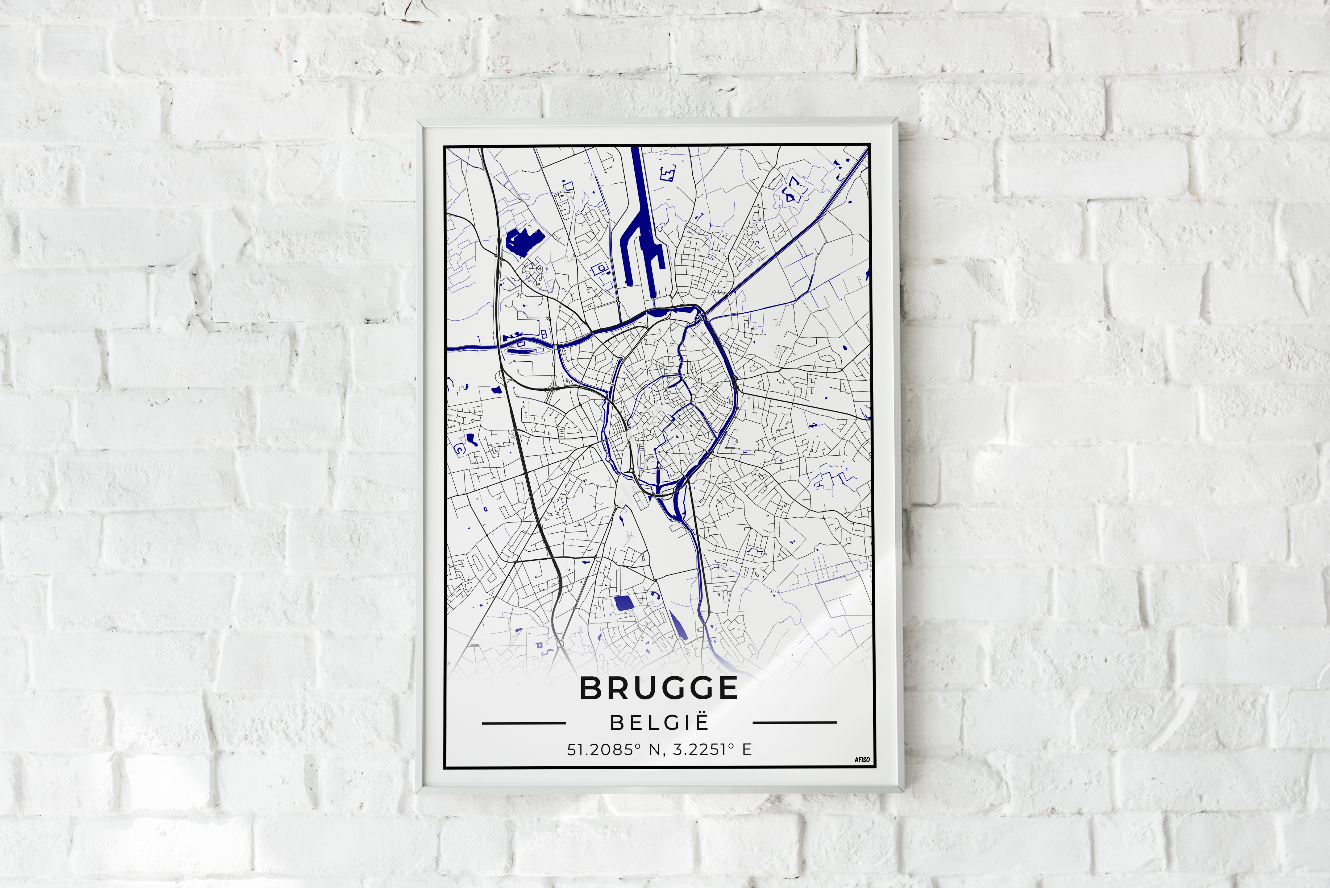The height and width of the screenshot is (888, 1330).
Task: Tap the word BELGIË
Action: click(x=659, y=723)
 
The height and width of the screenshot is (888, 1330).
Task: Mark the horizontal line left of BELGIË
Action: click(x=523, y=723)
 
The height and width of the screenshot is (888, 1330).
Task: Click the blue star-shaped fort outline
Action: click(x=791, y=190)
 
